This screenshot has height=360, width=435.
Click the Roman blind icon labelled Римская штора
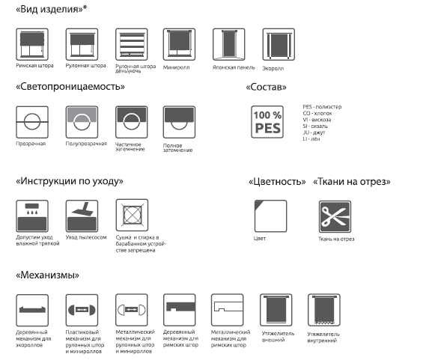[32, 44]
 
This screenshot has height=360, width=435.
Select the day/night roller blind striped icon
[132, 44]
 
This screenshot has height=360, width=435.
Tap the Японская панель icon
[229, 44]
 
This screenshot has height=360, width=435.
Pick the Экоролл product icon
[279, 44]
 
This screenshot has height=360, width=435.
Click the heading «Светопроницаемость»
[70, 87]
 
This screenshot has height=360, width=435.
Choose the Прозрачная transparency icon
[32, 122]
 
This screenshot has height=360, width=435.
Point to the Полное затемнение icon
[179, 122]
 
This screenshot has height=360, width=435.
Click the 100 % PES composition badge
[267, 122]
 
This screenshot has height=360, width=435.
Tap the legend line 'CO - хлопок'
[317, 113]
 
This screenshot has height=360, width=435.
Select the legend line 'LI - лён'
[311, 138]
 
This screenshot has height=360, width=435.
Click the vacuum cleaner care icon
[82, 216]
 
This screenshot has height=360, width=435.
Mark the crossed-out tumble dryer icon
[132, 215]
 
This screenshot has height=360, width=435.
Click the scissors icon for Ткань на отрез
[335, 217]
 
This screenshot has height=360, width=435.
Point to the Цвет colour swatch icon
[271, 216]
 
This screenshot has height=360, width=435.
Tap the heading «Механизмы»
[47, 275]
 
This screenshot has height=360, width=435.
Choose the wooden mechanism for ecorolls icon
[32, 311]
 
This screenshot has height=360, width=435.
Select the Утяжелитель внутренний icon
[324, 311]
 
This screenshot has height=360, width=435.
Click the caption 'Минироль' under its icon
[177, 67]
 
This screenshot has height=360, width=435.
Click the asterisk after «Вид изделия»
[85, 7]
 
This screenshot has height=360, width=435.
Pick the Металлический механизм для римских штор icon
[227, 311]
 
